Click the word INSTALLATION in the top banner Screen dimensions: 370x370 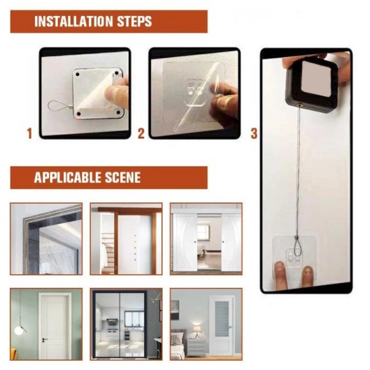[x=74, y=21]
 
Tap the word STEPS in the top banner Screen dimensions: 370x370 [x=134, y=21]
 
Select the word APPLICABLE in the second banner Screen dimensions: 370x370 [x=67, y=177]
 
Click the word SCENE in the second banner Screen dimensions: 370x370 [x=123, y=177]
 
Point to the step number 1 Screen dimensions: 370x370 [x=29, y=134]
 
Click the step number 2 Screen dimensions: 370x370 [x=141, y=134]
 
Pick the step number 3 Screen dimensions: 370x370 [x=253, y=134]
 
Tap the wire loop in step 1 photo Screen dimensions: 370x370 [x=55, y=106]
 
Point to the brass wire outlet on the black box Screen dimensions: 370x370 [x=300, y=105]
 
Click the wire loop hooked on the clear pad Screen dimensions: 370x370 [x=296, y=247]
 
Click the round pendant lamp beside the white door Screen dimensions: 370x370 [x=18, y=330]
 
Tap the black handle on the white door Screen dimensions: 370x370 [x=44, y=339]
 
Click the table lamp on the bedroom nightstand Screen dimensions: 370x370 [x=196, y=331]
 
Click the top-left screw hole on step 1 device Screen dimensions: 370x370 [x=77, y=75]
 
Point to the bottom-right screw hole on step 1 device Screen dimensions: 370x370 [x=118, y=113]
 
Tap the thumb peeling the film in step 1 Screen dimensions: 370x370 [x=115, y=93]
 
